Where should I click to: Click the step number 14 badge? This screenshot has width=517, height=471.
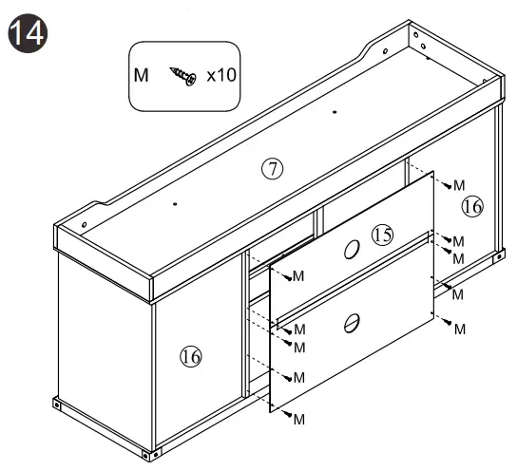tap(28, 33)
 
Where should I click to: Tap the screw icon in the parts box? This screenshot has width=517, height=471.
tap(183, 76)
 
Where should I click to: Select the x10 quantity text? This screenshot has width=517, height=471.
tap(221, 75)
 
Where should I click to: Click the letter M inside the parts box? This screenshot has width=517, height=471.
tap(141, 75)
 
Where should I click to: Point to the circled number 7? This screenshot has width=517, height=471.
tap(273, 169)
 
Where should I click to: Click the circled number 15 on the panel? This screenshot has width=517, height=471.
tap(382, 235)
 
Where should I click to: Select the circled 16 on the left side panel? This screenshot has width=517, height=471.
tap(191, 357)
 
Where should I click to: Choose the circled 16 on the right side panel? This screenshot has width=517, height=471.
tap(472, 206)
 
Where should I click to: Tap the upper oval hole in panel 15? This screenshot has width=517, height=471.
tap(352, 250)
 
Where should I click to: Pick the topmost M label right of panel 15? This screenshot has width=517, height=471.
tap(459, 185)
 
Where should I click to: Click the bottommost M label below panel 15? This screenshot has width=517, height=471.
tap(298, 420)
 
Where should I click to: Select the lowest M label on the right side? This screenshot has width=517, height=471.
tap(460, 330)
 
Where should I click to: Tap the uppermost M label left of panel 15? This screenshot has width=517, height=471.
tap(298, 276)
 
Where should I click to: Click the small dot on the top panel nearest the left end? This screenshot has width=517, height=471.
tap(175, 204)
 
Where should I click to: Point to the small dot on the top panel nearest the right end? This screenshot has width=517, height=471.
tap(335, 112)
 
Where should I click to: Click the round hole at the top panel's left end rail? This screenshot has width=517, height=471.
tap(84, 225)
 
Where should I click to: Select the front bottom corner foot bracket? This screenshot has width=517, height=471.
tap(152, 455)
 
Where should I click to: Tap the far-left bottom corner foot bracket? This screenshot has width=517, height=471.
tap(57, 404)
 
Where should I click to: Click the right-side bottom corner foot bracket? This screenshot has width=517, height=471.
tap(499, 256)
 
